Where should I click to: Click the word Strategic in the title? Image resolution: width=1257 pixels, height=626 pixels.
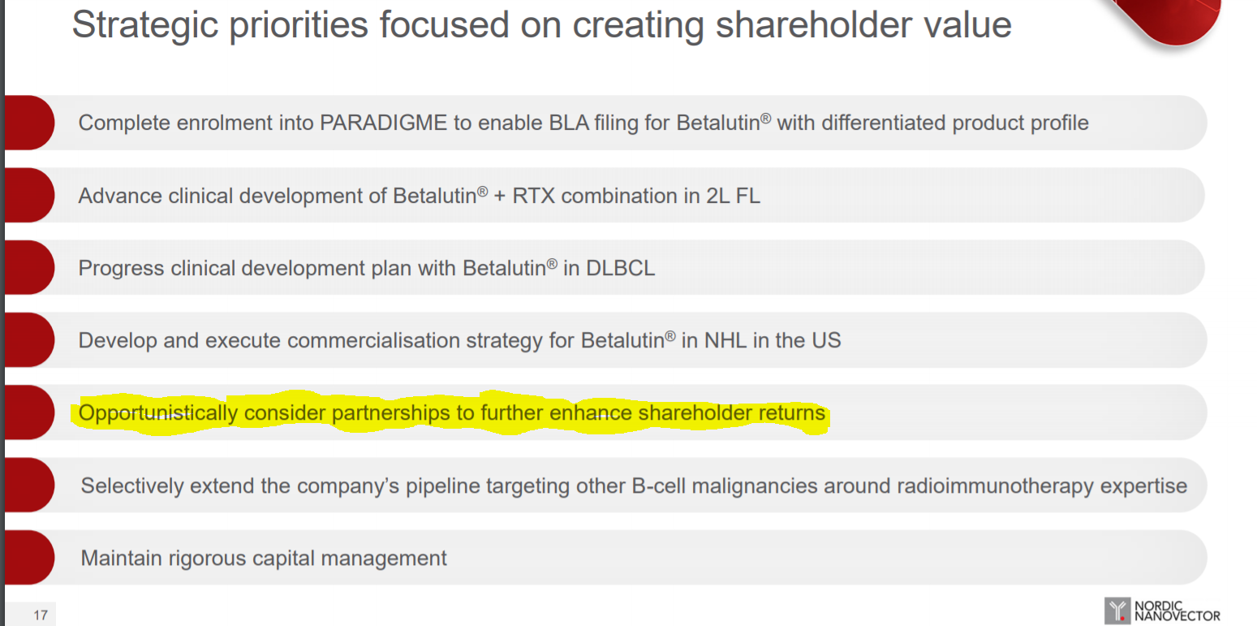tap(144, 26)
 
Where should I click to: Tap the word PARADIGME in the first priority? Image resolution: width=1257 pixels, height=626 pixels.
tap(383, 123)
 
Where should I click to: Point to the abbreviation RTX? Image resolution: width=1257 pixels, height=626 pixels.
tap(533, 196)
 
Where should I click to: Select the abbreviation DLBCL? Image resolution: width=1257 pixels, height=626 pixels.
tap(620, 268)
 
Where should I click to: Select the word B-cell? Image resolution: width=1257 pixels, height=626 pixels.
tap(658, 486)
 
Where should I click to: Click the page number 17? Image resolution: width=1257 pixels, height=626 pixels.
tap(41, 615)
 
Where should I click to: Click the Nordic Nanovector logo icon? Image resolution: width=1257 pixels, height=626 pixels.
tap(1117, 611)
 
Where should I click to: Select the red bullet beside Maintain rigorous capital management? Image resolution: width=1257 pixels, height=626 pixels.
tap(29, 558)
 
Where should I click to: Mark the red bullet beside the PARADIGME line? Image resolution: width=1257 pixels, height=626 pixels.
tap(29, 123)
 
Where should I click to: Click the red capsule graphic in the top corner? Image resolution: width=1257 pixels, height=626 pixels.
tap(1173, 19)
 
